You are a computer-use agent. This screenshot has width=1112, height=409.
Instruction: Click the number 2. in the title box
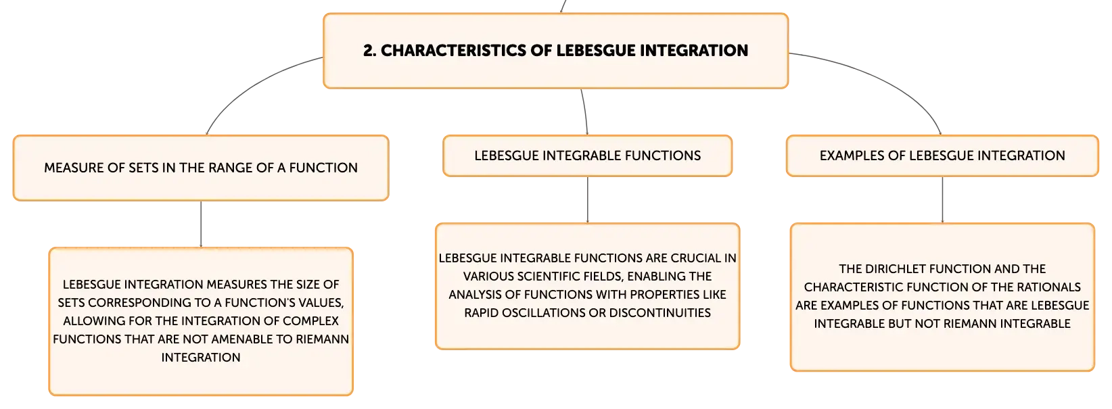coord(370,51)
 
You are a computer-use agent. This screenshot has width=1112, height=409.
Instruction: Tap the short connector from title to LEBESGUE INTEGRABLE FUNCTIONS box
coord(585,112)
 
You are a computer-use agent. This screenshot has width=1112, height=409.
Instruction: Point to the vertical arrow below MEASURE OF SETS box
coord(201,224)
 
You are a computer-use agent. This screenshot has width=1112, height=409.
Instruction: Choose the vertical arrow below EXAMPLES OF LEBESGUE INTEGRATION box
coord(942,200)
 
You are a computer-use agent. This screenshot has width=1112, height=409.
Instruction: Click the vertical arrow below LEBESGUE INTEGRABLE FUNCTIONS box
coord(588,200)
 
